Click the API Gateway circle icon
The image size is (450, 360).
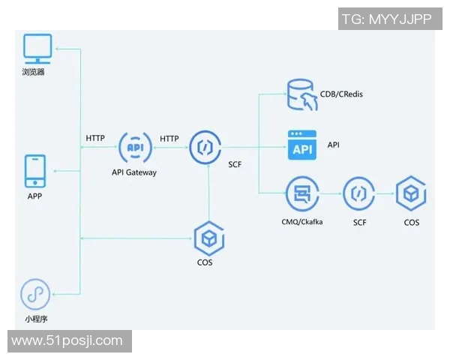click(135, 147)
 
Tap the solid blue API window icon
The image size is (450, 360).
click(302, 144)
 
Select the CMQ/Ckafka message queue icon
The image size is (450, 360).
click(301, 194)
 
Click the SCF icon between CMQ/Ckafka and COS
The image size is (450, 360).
click(359, 194)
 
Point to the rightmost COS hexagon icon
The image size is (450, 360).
click(412, 193)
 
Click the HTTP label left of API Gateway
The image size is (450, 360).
click(95, 138)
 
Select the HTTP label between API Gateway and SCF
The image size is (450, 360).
click(169, 138)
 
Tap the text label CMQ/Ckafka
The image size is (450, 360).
click(302, 223)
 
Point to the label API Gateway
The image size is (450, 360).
click(134, 172)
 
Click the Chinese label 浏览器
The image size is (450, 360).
click(34, 73)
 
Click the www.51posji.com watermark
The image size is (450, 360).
click(67, 340)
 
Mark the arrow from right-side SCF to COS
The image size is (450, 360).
click(385, 194)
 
